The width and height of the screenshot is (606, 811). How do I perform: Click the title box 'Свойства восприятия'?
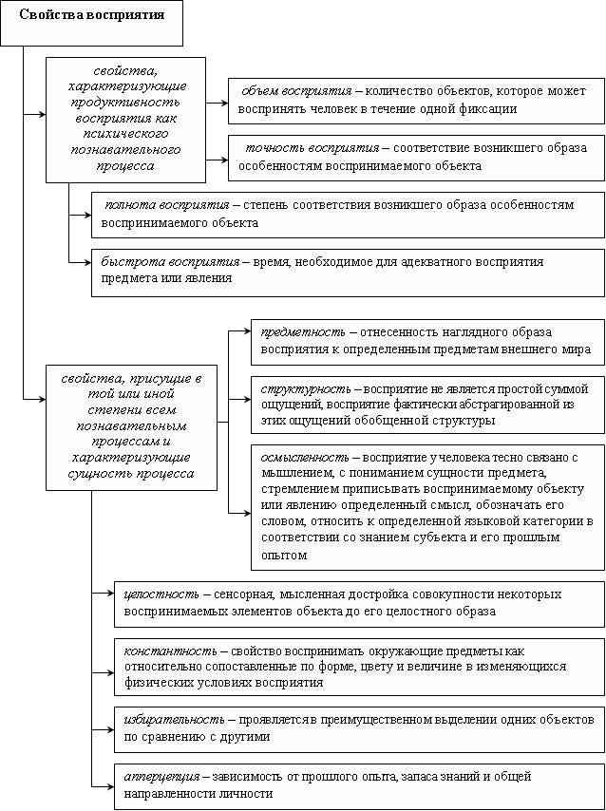(92, 16)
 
